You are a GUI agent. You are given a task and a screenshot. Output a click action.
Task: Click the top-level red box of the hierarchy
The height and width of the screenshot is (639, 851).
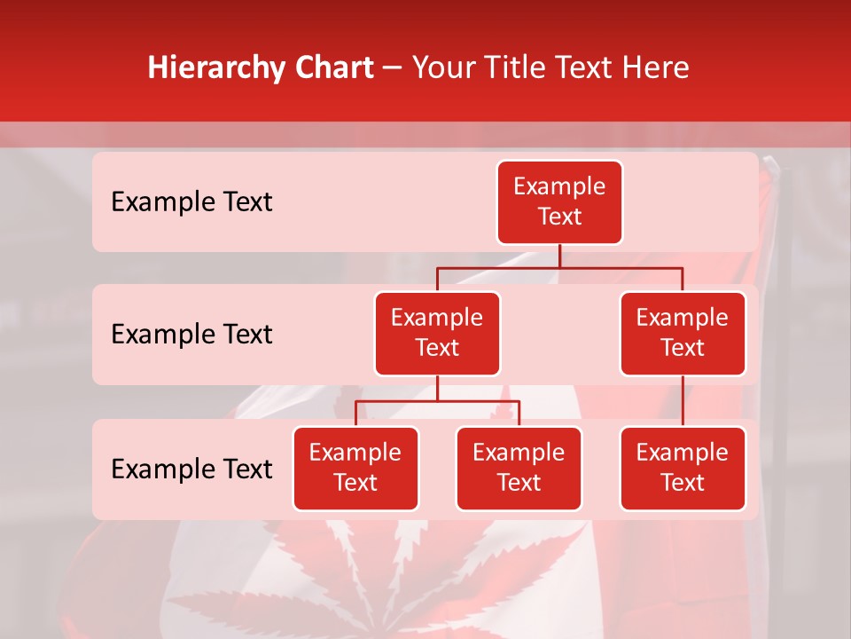click(x=559, y=202)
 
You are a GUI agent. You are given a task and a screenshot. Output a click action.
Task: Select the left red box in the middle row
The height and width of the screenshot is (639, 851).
click(x=437, y=334)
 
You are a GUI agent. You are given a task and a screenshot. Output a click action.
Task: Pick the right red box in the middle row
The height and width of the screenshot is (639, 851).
click(x=683, y=334)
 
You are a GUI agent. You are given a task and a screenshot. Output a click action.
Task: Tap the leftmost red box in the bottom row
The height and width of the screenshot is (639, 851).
click(x=355, y=469)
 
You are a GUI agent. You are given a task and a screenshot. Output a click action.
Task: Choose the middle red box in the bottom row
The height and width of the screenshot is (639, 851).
click(x=519, y=469)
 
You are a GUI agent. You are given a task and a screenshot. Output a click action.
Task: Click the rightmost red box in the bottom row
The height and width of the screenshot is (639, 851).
click(x=683, y=469)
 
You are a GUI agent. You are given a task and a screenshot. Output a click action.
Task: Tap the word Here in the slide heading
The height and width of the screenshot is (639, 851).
click(x=657, y=68)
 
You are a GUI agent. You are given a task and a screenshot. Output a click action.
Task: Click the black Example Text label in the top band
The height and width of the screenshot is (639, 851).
click(x=191, y=202)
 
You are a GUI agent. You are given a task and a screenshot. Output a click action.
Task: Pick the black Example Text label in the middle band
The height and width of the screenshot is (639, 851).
click(x=191, y=335)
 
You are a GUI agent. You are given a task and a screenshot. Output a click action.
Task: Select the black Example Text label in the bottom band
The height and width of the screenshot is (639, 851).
click(x=191, y=469)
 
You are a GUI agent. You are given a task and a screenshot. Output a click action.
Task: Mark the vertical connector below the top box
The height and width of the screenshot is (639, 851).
click(x=559, y=256)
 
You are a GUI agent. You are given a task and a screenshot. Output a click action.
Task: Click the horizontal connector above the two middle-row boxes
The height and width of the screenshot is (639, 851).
click(x=559, y=267)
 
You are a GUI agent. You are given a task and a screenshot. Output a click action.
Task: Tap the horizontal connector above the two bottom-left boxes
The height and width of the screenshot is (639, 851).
click(x=437, y=401)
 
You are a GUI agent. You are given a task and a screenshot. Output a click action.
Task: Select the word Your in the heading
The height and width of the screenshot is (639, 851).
click(x=441, y=68)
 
